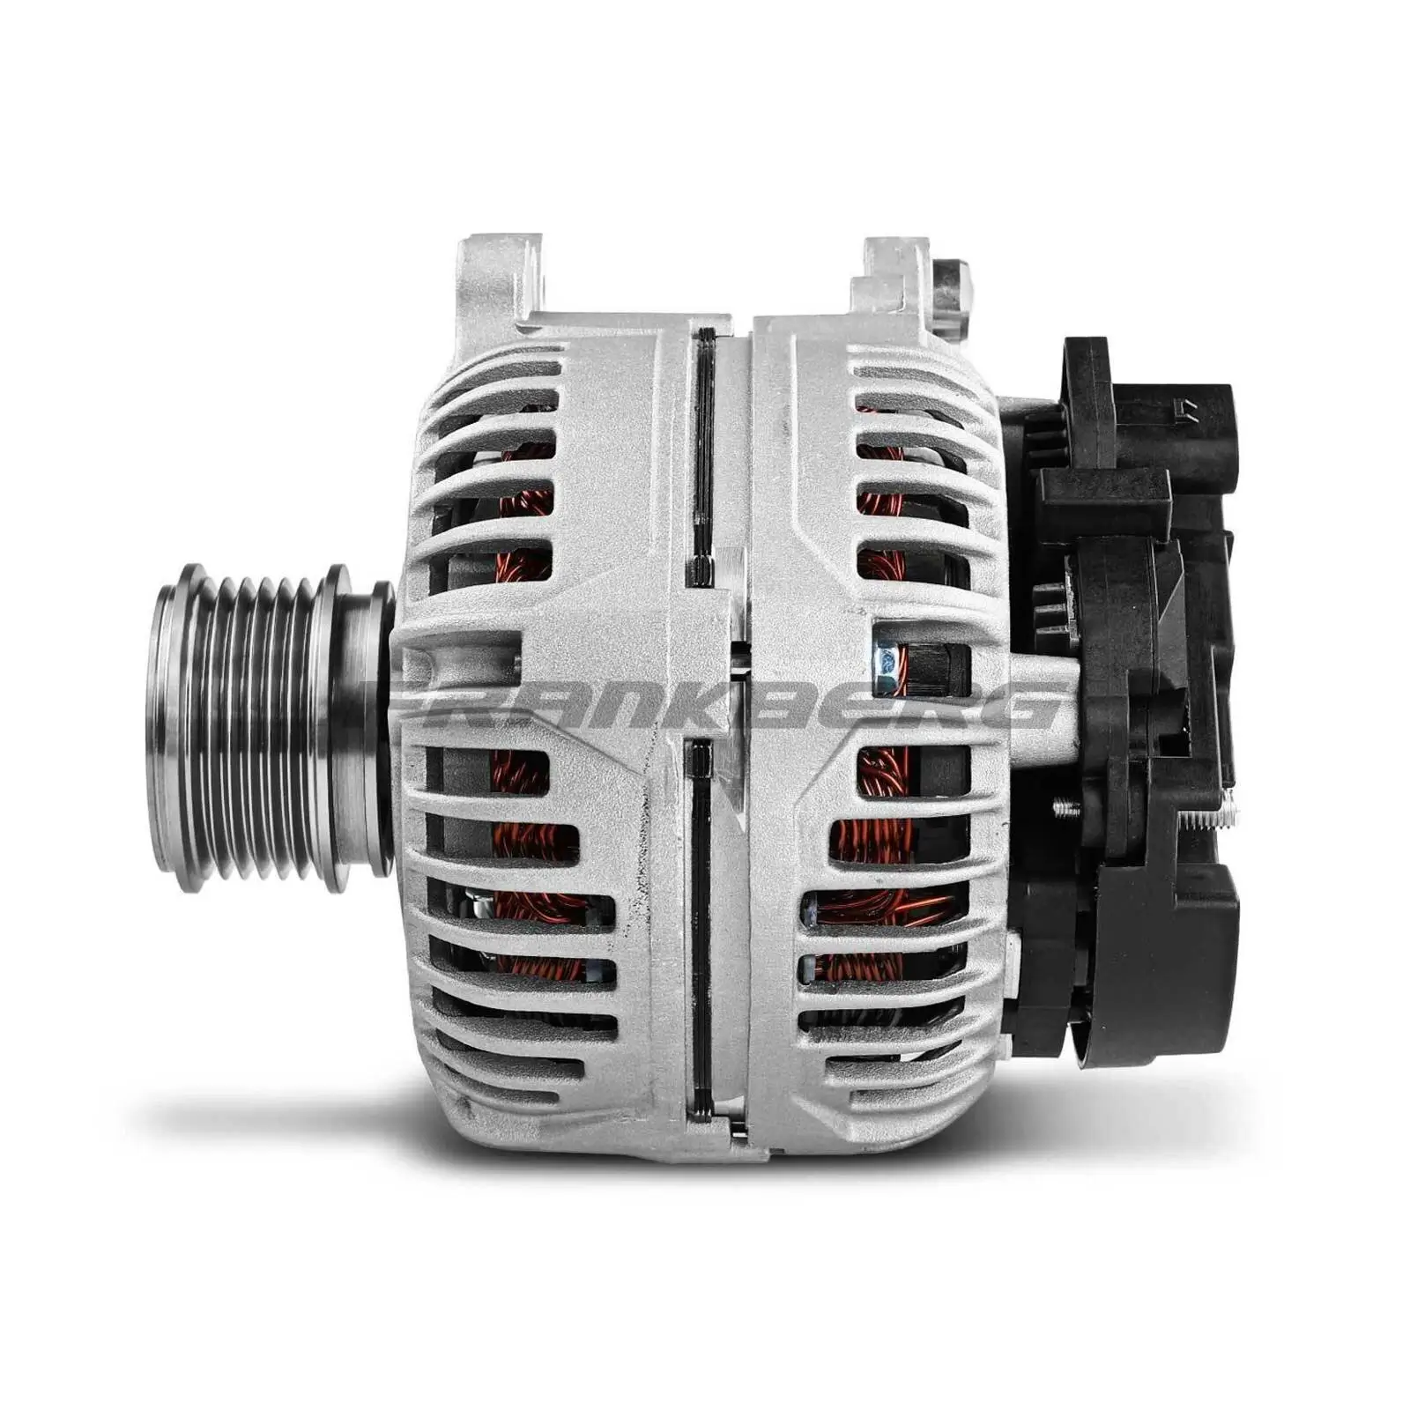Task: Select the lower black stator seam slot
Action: pos(701,925)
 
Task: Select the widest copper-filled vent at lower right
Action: pos(881,908)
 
